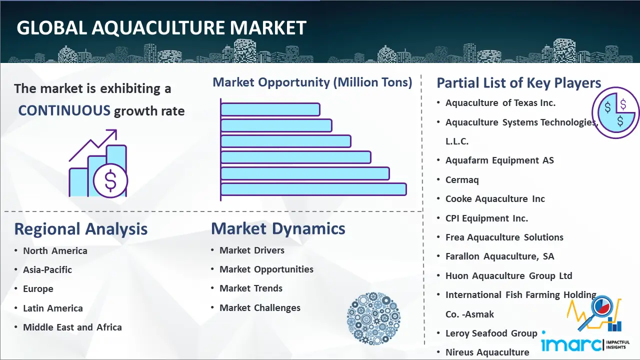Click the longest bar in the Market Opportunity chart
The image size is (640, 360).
pos(313,189)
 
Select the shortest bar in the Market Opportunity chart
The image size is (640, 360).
pos(270,109)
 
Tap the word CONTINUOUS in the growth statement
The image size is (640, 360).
pos(64,110)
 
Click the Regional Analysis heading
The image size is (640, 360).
pos(81,229)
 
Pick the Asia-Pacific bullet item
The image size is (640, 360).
pos(47,269)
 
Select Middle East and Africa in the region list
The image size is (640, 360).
pos(72,327)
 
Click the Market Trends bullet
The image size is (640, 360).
pos(251,288)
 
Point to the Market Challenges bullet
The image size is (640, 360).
pos(259,307)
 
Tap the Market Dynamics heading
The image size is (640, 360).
pos(278,228)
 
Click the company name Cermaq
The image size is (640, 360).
pos(462,180)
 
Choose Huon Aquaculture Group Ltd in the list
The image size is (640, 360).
pos(509,275)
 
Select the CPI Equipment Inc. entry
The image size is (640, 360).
pos(486,218)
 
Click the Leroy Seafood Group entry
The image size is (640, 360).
pos(491,333)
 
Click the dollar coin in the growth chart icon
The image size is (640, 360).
pos(110,180)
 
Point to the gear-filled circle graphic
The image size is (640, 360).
pos(373,318)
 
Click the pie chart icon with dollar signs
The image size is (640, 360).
pos(615,112)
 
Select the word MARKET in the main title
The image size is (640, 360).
pos(268,27)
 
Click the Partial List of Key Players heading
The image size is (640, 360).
pos(519,83)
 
